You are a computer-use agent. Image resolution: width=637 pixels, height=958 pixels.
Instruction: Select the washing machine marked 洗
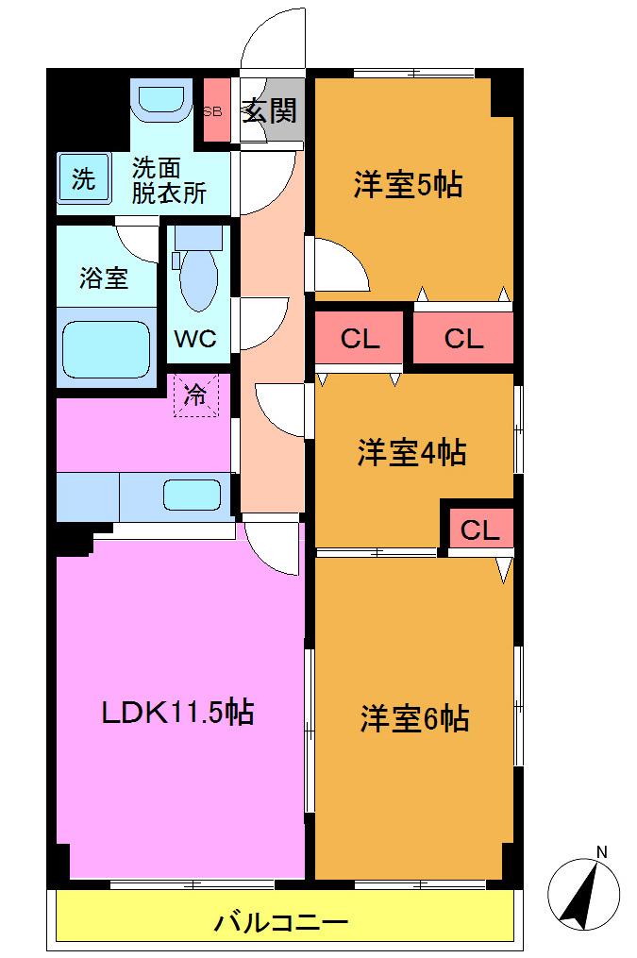click(84, 177)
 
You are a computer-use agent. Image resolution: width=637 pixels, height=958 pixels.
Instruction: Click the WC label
click(195, 338)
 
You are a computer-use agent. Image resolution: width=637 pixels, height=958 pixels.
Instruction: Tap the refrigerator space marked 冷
click(195, 395)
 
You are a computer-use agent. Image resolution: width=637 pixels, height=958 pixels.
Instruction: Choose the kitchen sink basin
click(192, 495)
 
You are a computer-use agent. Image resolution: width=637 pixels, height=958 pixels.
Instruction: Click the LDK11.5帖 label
click(177, 713)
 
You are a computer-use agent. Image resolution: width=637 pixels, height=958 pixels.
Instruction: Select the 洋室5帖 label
click(409, 183)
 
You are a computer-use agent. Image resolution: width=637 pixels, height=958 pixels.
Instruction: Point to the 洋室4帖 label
click(412, 453)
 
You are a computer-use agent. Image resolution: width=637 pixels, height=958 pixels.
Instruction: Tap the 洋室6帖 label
click(414, 718)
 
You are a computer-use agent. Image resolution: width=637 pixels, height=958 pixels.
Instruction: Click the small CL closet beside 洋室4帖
click(480, 529)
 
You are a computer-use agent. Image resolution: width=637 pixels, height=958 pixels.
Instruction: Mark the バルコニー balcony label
click(281, 921)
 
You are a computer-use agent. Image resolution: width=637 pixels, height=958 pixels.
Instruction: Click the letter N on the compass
click(601, 851)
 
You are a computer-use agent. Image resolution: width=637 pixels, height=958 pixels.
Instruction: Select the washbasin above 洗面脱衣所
click(161, 101)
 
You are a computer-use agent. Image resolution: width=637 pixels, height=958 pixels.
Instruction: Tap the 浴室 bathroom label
click(104, 278)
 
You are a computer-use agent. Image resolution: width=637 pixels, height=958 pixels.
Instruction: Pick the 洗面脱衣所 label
click(169, 180)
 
